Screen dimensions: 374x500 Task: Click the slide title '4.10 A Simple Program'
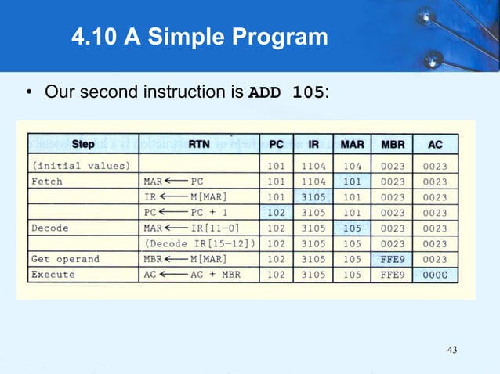tap(199, 36)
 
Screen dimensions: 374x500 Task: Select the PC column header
tap(277, 145)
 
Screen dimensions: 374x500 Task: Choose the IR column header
tap(313, 145)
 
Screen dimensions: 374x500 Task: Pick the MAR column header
tap(352, 145)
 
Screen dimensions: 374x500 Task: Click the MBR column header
tap(393, 145)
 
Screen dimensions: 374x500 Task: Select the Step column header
tap(83, 145)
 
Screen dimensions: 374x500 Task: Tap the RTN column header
tap(199, 145)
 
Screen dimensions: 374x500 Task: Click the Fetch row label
tap(47, 181)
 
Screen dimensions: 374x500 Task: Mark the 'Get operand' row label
tap(65, 259)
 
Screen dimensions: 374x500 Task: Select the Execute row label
tap(53, 275)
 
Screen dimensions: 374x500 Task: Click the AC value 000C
tap(436, 275)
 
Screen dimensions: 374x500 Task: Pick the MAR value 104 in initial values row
tap(352, 165)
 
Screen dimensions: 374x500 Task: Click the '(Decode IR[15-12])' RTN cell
tap(201, 243)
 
